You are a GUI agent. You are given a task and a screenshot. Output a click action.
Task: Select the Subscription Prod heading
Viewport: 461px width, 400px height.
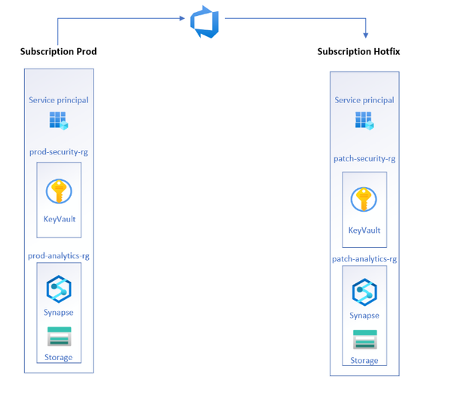pyautogui.click(x=58, y=52)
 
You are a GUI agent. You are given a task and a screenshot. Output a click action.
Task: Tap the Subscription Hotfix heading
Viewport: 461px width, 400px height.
pyautogui.click(x=358, y=52)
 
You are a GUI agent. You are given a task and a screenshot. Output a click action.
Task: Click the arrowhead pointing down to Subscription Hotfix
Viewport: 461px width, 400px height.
pyautogui.click(x=365, y=34)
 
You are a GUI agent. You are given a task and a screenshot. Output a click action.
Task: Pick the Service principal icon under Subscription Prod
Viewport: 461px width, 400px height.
pyautogui.click(x=58, y=120)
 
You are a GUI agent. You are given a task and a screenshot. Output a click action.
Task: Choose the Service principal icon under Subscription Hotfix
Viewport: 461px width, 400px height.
pyautogui.click(x=364, y=120)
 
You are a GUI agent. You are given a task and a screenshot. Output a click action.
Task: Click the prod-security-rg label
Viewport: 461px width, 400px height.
pyautogui.click(x=59, y=151)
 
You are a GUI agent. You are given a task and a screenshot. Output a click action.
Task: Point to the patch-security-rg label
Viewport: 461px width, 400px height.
pyautogui.click(x=364, y=159)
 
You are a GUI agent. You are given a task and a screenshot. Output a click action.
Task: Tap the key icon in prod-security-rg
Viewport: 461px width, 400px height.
pyautogui.click(x=58, y=191)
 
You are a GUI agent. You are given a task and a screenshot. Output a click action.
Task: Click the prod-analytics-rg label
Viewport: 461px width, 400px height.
pyautogui.click(x=59, y=256)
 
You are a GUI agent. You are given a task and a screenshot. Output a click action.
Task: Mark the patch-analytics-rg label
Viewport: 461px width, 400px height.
pyautogui.click(x=364, y=259)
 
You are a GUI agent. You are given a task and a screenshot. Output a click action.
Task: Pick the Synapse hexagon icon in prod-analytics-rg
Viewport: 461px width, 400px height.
pyautogui.click(x=58, y=289)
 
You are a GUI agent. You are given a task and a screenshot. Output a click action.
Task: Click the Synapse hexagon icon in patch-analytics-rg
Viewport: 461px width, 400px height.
pyautogui.click(x=364, y=292)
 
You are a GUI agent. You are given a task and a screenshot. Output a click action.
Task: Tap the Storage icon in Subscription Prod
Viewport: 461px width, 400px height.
pyautogui.click(x=58, y=337)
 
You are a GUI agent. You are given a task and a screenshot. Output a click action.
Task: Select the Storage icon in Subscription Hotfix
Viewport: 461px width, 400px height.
pyautogui.click(x=364, y=340)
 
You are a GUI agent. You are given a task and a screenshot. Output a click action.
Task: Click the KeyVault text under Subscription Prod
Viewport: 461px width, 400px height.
pyautogui.click(x=59, y=220)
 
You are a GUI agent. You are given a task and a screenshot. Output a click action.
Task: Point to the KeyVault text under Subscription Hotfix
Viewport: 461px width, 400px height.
pyautogui.click(x=364, y=231)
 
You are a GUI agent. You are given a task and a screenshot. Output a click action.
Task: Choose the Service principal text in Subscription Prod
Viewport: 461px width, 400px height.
pyautogui.click(x=58, y=100)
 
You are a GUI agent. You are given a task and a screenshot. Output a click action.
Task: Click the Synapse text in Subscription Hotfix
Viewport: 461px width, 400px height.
pyautogui.click(x=364, y=316)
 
